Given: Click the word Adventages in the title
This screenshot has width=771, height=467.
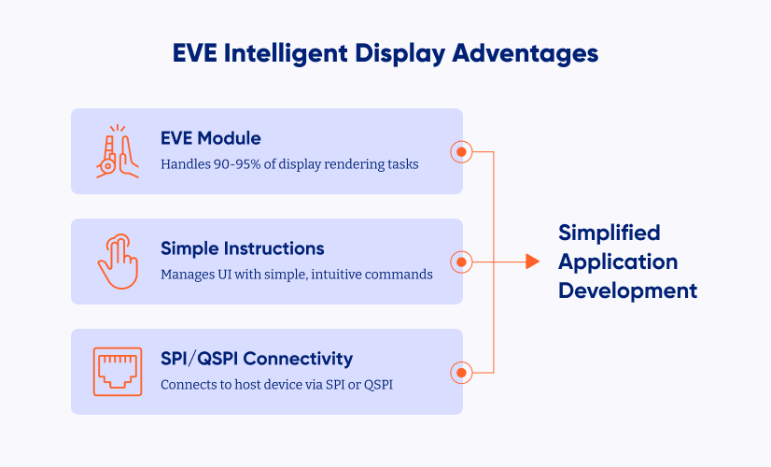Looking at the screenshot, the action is point(525,53).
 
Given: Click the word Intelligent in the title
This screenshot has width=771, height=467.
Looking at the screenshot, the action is point(286,54).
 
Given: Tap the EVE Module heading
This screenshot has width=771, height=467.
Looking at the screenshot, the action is point(210,138).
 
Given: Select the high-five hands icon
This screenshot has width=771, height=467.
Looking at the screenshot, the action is point(118,151).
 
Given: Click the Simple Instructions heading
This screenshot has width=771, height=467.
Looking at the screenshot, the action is point(243,248).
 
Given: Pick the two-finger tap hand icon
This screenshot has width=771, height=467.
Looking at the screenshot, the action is point(118,262).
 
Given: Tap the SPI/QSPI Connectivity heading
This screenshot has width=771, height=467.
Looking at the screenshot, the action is point(257,359).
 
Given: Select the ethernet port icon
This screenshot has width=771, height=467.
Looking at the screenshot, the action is point(118,372).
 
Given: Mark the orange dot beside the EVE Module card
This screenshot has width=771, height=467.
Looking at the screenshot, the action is point(461,151).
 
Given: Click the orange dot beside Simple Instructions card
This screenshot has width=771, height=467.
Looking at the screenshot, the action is point(461,262).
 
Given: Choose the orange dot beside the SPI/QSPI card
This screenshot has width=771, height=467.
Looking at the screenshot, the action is point(461,373).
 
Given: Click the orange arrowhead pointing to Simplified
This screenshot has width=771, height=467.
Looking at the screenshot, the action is point(532,262).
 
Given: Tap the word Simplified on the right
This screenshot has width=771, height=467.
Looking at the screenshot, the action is point(610,233).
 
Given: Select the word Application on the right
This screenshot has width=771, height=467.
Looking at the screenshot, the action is point(618,262).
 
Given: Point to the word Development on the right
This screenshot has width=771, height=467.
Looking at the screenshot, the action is point(628,290).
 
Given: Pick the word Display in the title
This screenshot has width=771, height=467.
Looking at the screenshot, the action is point(400,54).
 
